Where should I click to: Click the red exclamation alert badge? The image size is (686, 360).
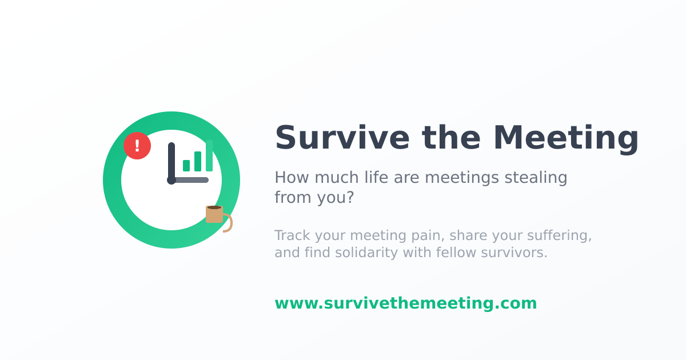(x=137, y=146)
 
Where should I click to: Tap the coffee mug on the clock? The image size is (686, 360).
(x=214, y=215)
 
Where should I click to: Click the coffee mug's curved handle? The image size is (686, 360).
(x=229, y=223)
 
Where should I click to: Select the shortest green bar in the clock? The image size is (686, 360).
(x=186, y=166)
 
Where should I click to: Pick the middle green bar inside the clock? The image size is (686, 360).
(x=198, y=161)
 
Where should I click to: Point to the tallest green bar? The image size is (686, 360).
(x=209, y=155)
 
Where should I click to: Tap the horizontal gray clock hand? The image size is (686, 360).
(x=190, y=180)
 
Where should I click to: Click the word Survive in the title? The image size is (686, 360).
(x=342, y=138)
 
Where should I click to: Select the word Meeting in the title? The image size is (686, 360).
(x=566, y=139)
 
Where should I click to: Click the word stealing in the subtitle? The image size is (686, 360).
(x=536, y=178)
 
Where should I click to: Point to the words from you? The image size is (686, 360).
(x=314, y=197)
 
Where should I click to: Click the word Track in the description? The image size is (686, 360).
(x=293, y=235)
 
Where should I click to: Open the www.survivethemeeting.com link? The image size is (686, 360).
(x=406, y=303)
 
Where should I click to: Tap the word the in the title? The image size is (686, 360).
(x=451, y=138)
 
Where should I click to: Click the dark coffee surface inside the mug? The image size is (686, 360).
(x=214, y=207)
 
